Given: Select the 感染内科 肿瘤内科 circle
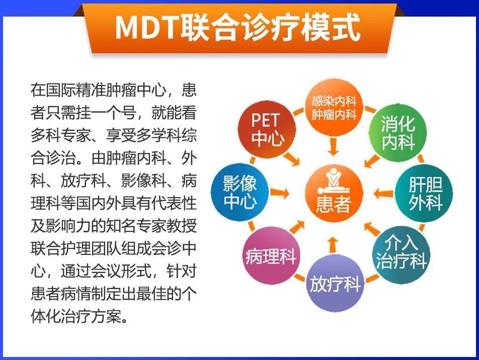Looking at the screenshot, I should [x=334, y=108].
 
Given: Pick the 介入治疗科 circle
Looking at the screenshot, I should [x=401, y=254].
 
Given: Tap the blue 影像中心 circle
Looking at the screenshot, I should [x=240, y=193].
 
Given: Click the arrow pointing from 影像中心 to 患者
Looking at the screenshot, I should [x=280, y=193].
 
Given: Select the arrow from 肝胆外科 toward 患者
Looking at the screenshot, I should [x=384, y=193].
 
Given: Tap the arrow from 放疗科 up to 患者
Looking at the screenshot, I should [x=333, y=244].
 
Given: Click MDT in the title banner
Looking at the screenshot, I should [x=146, y=27].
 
